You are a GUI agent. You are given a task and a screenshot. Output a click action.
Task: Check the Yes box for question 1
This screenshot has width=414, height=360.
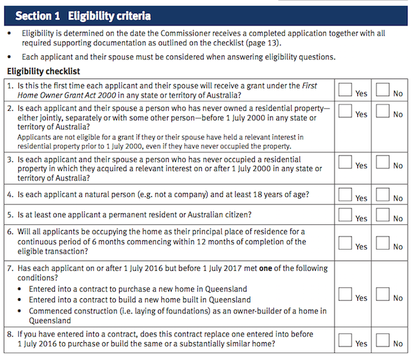tap(345, 90)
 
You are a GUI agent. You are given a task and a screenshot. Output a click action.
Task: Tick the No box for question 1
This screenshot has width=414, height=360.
tap(383, 90)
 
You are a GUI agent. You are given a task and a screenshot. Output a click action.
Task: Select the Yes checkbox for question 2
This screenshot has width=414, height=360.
tap(345, 111)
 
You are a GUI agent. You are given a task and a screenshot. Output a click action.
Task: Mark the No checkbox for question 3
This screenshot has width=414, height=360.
tap(383, 162)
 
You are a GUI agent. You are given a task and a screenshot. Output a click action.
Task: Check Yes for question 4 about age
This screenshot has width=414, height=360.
tap(345, 194)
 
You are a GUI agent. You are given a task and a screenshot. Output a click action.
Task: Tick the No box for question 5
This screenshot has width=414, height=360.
tap(383, 215)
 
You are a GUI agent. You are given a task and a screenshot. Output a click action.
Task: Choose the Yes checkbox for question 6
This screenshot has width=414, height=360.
tap(345, 243)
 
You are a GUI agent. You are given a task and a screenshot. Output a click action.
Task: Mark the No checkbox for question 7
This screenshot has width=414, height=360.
tap(383, 294)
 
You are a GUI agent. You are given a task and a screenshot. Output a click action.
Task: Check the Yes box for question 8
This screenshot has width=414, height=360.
tap(345, 340)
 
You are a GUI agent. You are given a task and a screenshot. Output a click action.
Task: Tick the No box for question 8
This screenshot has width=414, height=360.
tap(383, 340)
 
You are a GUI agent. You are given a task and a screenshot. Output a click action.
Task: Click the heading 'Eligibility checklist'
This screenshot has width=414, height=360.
tap(43, 71)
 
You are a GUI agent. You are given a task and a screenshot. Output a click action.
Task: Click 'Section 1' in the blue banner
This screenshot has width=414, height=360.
tap(38, 16)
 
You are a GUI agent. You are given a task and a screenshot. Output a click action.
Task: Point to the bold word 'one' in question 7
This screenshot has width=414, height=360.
tap(266, 268)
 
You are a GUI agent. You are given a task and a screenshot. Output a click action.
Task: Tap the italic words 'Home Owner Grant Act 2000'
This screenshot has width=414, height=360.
tap(67, 95)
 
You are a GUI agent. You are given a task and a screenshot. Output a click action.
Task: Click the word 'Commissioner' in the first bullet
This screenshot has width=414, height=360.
tap(185, 33)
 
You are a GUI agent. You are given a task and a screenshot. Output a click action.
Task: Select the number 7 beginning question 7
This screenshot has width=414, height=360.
tap(10, 268)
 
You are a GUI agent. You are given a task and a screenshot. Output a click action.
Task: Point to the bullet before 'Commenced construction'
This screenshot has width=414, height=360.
tap(19, 311)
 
